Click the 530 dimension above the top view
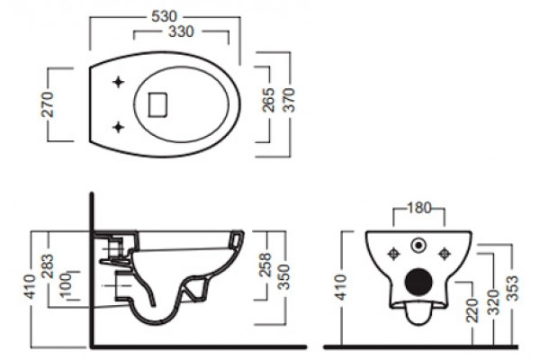click(165, 16)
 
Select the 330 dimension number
click(181, 31)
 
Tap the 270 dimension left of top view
click(48, 104)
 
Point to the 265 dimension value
click(268, 100)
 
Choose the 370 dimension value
click(289, 100)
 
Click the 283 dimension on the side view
click(48, 266)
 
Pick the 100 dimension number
click(66, 286)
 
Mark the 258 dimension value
click(265, 265)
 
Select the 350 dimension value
click(284, 276)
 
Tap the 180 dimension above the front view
click(419, 208)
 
